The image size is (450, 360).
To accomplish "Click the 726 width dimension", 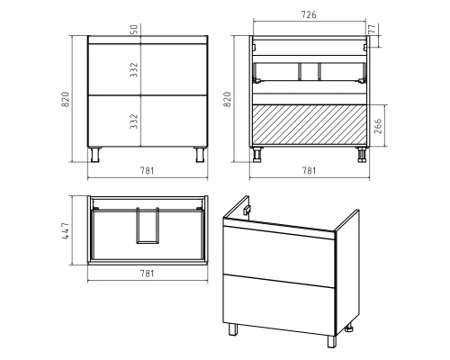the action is [x=309, y=14].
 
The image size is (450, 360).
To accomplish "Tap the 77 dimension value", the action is [x=372, y=29].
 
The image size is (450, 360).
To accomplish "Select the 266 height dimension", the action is [x=378, y=126].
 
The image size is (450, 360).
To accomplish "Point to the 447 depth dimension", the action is [x=66, y=230].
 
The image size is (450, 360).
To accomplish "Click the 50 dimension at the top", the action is [x=134, y=29].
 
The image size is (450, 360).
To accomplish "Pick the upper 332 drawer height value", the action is [x=134, y=70].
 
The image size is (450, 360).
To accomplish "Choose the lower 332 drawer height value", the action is [x=134, y=121].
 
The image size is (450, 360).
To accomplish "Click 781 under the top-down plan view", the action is [x=148, y=274].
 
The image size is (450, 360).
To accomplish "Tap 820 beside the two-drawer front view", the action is [x=66, y=99].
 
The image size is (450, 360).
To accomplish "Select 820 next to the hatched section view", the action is [x=228, y=99].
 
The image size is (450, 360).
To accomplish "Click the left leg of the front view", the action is [x=95, y=155].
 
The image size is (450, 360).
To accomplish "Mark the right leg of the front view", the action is [x=200, y=155].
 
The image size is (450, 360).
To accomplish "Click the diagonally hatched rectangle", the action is [x=310, y=126].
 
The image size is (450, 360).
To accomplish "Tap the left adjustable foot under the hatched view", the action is [x=257, y=155].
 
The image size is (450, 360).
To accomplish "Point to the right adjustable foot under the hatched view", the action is [x=362, y=155].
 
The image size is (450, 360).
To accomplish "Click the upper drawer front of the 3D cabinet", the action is [x=279, y=256].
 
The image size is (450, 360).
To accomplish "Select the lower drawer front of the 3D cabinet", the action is [x=279, y=304].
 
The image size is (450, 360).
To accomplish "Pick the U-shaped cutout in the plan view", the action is [x=148, y=225].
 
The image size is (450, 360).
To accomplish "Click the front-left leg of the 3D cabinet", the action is [x=233, y=329].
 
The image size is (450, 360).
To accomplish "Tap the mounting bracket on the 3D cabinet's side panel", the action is [x=246, y=210].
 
